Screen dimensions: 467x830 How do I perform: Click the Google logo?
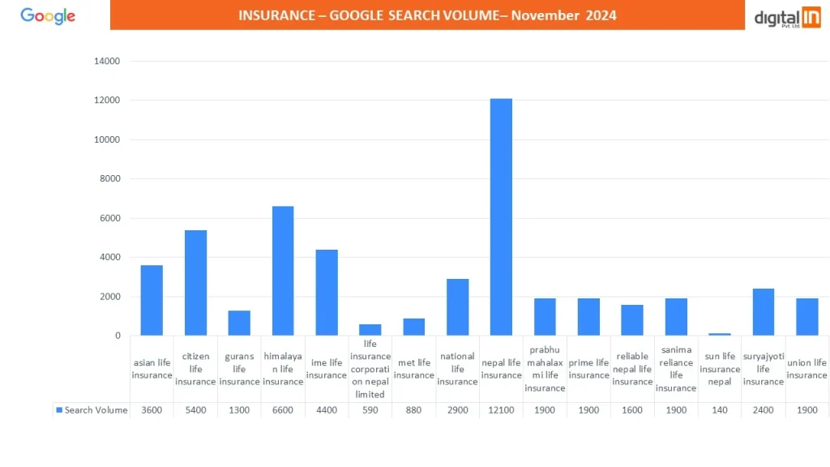(48, 16)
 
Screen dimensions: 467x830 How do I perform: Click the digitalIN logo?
(787, 17)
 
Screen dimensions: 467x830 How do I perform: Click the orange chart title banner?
(427, 15)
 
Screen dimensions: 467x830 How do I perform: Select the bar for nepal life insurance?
(501, 216)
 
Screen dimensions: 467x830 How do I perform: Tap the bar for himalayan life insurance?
(283, 271)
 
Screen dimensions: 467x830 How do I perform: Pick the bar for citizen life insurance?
(195, 282)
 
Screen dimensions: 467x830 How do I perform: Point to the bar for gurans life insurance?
(239, 323)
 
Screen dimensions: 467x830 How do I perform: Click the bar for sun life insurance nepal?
(720, 334)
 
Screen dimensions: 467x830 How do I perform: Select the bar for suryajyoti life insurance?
(763, 312)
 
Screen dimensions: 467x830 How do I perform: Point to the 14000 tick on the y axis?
(107, 62)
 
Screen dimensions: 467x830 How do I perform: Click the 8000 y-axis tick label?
(110, 179)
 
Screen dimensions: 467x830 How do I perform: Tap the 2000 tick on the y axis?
(110, 297)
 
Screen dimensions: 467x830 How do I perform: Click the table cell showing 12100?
(501, 410)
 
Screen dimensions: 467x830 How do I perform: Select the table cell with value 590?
(370, 410)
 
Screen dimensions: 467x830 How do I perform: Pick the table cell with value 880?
(413, 410)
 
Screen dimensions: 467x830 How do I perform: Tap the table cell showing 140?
(719, 410)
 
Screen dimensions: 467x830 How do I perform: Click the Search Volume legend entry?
(92, 410)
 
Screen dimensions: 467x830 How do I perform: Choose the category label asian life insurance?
(152, 369)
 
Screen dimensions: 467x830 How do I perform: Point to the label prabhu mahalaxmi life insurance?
(545, 369)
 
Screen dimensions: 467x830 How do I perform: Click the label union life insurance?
(806, 369)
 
